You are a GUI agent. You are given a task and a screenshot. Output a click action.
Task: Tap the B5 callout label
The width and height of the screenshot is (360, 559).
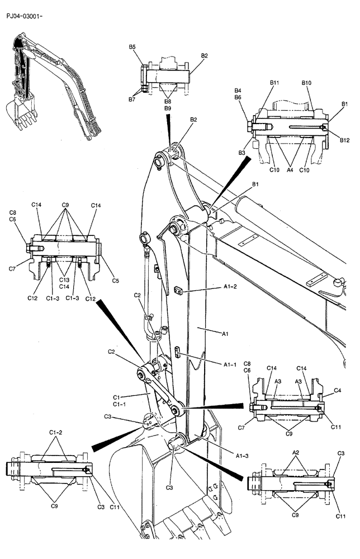tap(132, 48)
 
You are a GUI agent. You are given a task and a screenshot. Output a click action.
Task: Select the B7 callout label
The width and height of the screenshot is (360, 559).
tap(132, 99)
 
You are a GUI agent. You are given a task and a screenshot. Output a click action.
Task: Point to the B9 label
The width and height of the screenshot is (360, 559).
tap(168, 108)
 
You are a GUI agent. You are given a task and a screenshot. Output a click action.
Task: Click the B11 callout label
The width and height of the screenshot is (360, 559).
tap(274, 83)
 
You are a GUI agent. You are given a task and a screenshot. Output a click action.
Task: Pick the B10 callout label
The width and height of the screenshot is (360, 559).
tap(306, 83)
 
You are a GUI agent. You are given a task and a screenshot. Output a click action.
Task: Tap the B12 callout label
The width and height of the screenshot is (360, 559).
tap(344, 140)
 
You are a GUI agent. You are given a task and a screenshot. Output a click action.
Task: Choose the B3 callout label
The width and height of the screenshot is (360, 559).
tap(242, 153)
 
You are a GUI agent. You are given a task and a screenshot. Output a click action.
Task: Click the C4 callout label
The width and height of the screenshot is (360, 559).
tap(338, 390)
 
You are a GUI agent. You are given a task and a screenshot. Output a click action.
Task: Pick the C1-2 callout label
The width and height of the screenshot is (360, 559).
tap(55, 432)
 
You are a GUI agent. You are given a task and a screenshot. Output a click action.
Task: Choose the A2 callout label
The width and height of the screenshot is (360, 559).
tap(296, 452)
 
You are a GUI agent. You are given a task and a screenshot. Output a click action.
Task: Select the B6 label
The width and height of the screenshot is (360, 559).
tap(238, 97)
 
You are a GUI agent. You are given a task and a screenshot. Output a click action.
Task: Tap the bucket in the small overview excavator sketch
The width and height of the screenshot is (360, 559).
tap(19, 112)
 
